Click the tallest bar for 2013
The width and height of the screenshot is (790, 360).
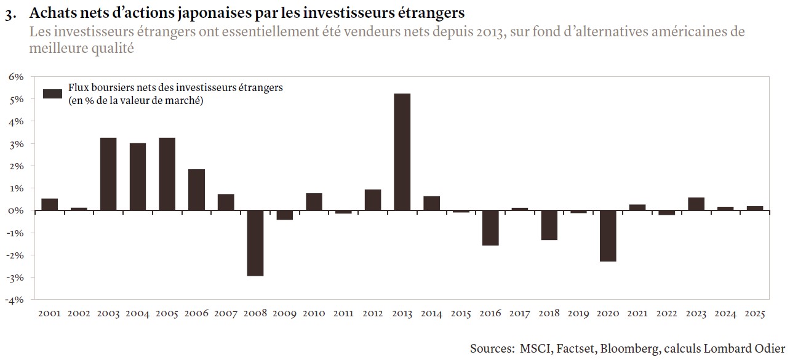pos(402,152)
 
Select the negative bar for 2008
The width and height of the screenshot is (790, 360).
pos(255,243)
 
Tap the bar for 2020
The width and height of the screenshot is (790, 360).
pos(608,236)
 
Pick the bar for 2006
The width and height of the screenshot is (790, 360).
pos(196,190)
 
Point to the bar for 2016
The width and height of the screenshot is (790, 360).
pos(490,228)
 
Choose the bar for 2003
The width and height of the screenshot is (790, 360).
pos(108,174)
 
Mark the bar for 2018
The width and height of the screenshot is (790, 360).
pos(549,225)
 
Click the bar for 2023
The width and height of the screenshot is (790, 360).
pos(696,204)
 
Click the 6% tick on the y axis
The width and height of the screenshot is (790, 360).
pos(15,77)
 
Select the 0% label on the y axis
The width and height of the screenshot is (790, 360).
pos(15,210)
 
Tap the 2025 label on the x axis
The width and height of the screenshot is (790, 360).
pos(755,314)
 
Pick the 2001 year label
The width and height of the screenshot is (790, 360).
pos(49,314)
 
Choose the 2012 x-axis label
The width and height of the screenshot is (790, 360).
pos(373,314)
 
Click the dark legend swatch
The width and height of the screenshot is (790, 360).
pos(52,94)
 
